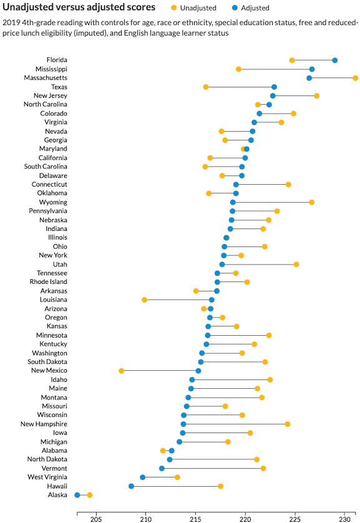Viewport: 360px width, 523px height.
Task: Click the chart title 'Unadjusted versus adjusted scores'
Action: pos(79,7)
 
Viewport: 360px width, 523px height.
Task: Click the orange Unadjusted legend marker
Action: pos(173,7)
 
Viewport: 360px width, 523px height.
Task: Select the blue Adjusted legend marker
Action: pos(235,7)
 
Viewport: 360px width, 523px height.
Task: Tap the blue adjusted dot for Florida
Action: pos(334,61)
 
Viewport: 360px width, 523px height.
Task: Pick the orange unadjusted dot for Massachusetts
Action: pos(356,78)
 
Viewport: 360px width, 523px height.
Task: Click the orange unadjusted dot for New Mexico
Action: pos(121,371)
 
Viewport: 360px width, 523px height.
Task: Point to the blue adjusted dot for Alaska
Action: pos(77,495)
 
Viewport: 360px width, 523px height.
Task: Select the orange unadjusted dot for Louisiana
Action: pos(144,300)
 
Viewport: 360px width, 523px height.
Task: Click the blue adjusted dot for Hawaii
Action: pos(131,486)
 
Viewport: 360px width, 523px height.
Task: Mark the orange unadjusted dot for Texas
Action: pos(206,87)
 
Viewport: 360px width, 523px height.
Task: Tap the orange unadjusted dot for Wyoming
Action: pos(312,202)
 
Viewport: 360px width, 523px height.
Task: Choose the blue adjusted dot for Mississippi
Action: pos(312,69)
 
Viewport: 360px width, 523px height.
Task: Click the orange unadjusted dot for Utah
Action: pos(296,265)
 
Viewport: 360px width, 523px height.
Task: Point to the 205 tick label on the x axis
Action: pos(96,519)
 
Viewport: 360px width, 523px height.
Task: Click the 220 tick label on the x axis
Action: pos(245,519)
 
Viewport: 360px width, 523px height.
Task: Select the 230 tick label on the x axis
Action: pos(344,519)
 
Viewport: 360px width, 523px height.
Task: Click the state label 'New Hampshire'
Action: pos(44,424)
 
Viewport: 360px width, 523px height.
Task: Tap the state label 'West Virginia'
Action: pos(47,477)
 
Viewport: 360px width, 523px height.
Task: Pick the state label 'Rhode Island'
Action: pos(48,282)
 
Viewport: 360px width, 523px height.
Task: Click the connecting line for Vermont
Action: pos(212,469)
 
